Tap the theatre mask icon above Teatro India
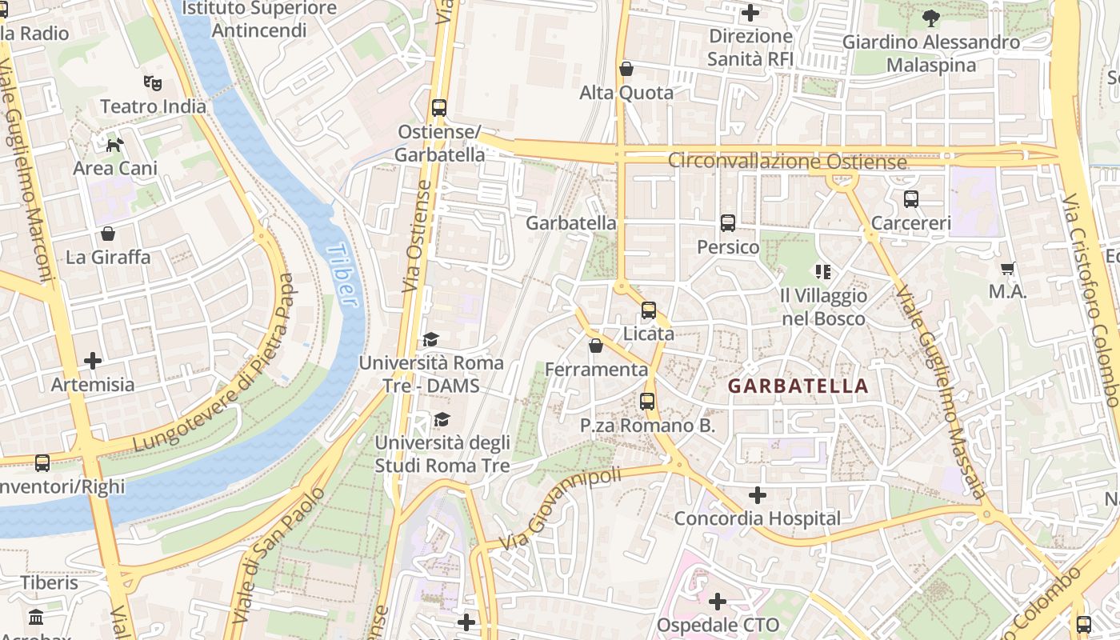click(153, 82)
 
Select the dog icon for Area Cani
click(115, 145)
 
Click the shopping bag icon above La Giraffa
click(108, 234)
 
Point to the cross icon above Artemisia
click(93, 361)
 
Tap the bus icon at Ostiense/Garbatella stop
click(438, 108)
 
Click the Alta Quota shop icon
click(626, 70)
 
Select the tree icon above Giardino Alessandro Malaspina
click(930, 18)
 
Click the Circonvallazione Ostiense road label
click(787, 161)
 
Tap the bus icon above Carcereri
click(910, 199)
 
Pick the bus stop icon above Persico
click(727, 223)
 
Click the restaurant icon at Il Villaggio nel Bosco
click(822, 272)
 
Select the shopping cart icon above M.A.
click(1007, 268)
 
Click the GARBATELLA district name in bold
click(798, 386)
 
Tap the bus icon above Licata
click(648, 310)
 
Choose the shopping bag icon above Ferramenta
click(596, 346)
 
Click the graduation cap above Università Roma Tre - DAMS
click(430, 340)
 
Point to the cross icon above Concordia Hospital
click(757, 495)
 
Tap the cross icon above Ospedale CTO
click(718, 602)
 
